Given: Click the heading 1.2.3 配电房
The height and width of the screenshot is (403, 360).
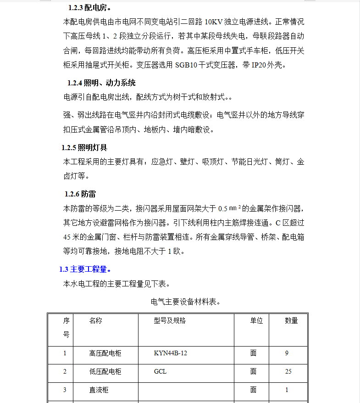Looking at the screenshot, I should coord(89,8).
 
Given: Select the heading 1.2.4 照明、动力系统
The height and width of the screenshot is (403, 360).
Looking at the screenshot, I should coord(101,83).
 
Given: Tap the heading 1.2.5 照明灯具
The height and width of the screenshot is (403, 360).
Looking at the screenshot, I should coord(84,147).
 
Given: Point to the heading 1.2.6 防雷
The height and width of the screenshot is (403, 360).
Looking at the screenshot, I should coord(80,194).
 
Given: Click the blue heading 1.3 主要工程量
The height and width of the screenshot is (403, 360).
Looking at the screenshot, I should coord(85,269).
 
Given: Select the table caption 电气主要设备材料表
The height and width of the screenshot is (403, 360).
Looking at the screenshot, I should coord(186,302).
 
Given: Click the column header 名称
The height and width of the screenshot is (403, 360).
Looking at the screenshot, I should coord(96,320).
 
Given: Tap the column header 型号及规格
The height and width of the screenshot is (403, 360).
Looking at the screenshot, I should coord(170,320).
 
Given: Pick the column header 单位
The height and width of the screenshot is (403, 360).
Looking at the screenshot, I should coord(256,320).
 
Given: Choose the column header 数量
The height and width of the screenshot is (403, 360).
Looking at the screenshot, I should coord(291,320).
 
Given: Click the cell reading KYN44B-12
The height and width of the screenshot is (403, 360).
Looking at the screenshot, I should coord(171,353).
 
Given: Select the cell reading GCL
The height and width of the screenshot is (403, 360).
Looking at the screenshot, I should coord(160,372).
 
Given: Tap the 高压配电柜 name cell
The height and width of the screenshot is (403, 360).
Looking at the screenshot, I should coord(105,353).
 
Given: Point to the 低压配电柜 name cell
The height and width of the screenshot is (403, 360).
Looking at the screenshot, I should coord(105,372).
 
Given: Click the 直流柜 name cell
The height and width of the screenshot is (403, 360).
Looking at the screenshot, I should coord(99,390).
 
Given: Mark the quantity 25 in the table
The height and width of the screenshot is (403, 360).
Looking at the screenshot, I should coord(288,372).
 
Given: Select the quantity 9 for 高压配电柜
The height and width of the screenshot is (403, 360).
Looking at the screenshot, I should coord(287,353).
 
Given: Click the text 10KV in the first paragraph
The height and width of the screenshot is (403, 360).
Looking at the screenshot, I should coord(216,22).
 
